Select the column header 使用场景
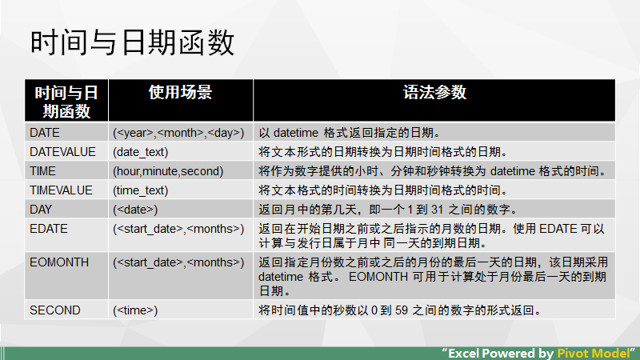tap(180, 92)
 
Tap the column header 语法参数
tap(434, 92)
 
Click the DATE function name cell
tap(45, 132)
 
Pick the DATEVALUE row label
tap(62, 151)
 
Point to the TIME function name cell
tap(43, 170)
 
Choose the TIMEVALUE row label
tap(62, 190)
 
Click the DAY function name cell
tap(42, 210)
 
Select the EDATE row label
tap(49, 229)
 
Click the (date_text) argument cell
tap(141, 151)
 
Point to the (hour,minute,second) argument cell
tap(168, 170)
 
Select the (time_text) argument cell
tap(141, 190)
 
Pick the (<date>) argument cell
tap(135, 210)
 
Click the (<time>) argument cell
tap(135, 310)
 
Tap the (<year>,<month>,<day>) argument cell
tap(178, 132)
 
